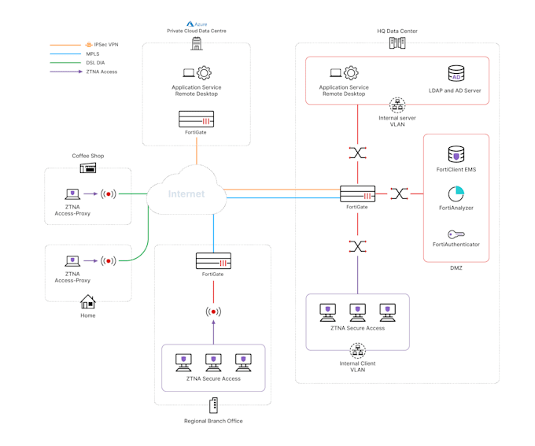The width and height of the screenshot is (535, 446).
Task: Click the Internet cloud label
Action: pos(186,194)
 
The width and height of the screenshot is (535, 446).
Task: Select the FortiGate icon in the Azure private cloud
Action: pos(196,120)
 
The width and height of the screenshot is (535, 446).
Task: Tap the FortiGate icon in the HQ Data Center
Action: pos(357,194)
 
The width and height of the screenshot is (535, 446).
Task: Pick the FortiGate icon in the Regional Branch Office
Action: pos(213,261)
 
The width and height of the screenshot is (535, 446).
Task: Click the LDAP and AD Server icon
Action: pos(456,74)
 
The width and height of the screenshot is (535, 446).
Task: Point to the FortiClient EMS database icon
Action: pos(456,154)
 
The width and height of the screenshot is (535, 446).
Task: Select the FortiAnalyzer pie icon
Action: pos(456,194)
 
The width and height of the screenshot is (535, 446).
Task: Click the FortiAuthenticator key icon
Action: pos(456,234)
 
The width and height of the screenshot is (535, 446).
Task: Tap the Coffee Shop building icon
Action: pos(87,168)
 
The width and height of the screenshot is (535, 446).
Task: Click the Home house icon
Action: pos(87,302)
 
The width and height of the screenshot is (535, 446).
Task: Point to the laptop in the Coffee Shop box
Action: pos(72,193)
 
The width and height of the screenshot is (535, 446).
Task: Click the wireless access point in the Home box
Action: pos(109,260)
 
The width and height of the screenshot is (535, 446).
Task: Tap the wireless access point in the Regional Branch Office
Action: pos(213,311)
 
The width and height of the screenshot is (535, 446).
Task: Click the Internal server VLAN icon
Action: pos(397,104)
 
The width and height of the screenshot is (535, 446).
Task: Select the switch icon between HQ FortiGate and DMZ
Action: pos(399,194)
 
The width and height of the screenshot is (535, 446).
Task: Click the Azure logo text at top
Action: pos(196,24)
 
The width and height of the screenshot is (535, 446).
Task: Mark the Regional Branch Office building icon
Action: pos(213,406)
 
